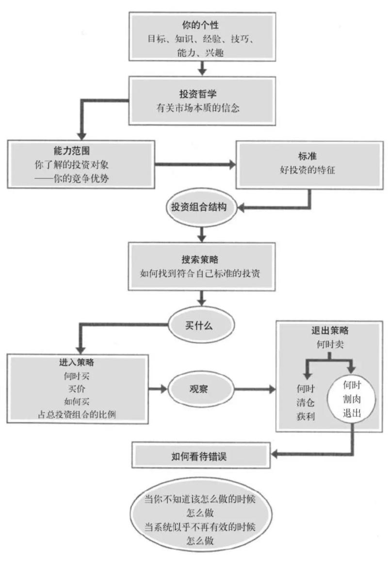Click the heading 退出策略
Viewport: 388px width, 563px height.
click(x=330, y=331)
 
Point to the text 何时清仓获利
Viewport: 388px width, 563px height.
click(x=306, y=402)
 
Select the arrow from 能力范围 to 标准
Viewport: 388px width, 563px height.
click(x=194, y=165)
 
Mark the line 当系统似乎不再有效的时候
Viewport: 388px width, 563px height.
click(x=201, y=527)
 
